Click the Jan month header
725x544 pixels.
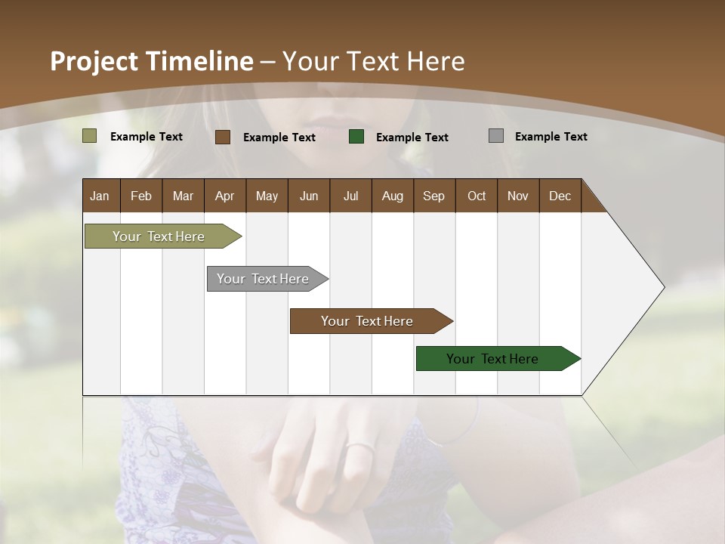click(100, 196)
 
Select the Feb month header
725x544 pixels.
click(141, 196)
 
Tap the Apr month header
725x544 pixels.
click(224, 196)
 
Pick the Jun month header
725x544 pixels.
click(309, 196)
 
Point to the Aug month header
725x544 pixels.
click(392, 196)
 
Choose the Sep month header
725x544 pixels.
click(433, 196)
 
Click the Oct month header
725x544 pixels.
click(477, 196)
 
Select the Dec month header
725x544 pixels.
click(560, 196)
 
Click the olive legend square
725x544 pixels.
click(90, 136)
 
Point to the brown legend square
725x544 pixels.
click(223, 137)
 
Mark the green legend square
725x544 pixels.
click(356, 137)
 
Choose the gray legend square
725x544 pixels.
click(496, 136)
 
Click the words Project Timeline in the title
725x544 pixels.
click(151, 61)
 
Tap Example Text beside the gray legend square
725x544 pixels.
click(551, 137)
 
